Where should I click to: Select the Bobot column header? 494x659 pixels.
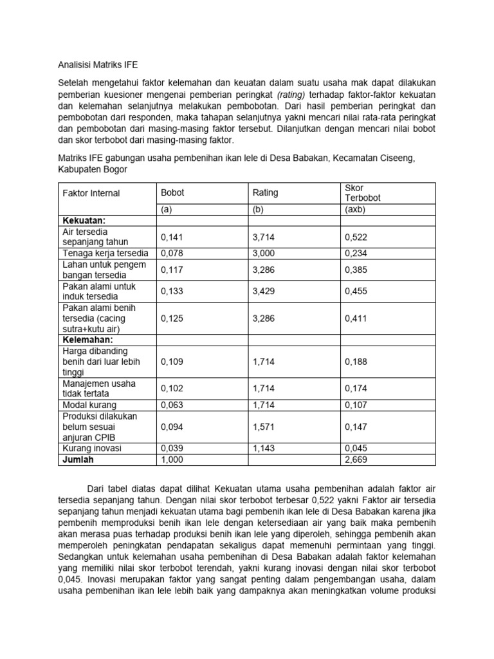(x=172, y=193)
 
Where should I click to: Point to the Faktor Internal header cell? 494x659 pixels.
(x=91, y=193)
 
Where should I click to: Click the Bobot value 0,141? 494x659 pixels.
(x=172, y=237)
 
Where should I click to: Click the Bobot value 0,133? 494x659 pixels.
(x=172, y=292)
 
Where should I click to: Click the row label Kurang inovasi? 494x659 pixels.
(x=91, y=449)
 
